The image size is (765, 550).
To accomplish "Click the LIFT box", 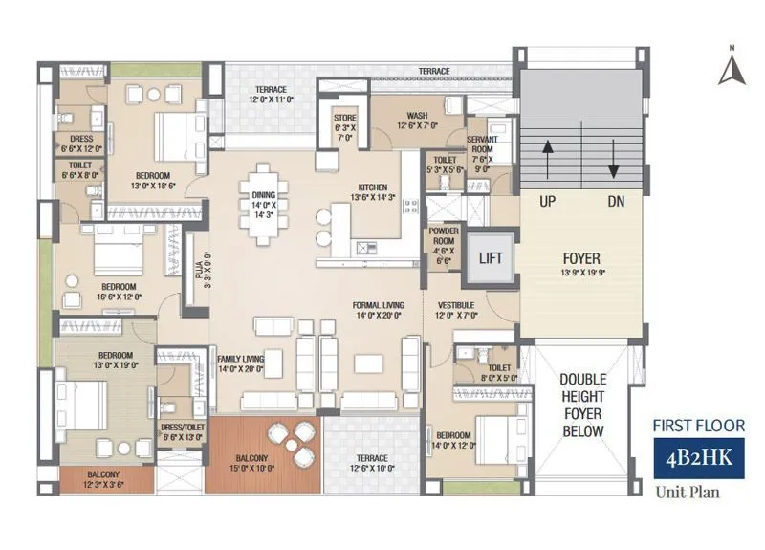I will tap(491, 258).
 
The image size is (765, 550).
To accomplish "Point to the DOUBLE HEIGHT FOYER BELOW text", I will tap(582, 404).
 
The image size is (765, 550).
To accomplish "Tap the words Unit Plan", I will tap(687, 494).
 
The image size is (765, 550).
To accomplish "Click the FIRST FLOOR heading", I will tap(698, 426).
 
